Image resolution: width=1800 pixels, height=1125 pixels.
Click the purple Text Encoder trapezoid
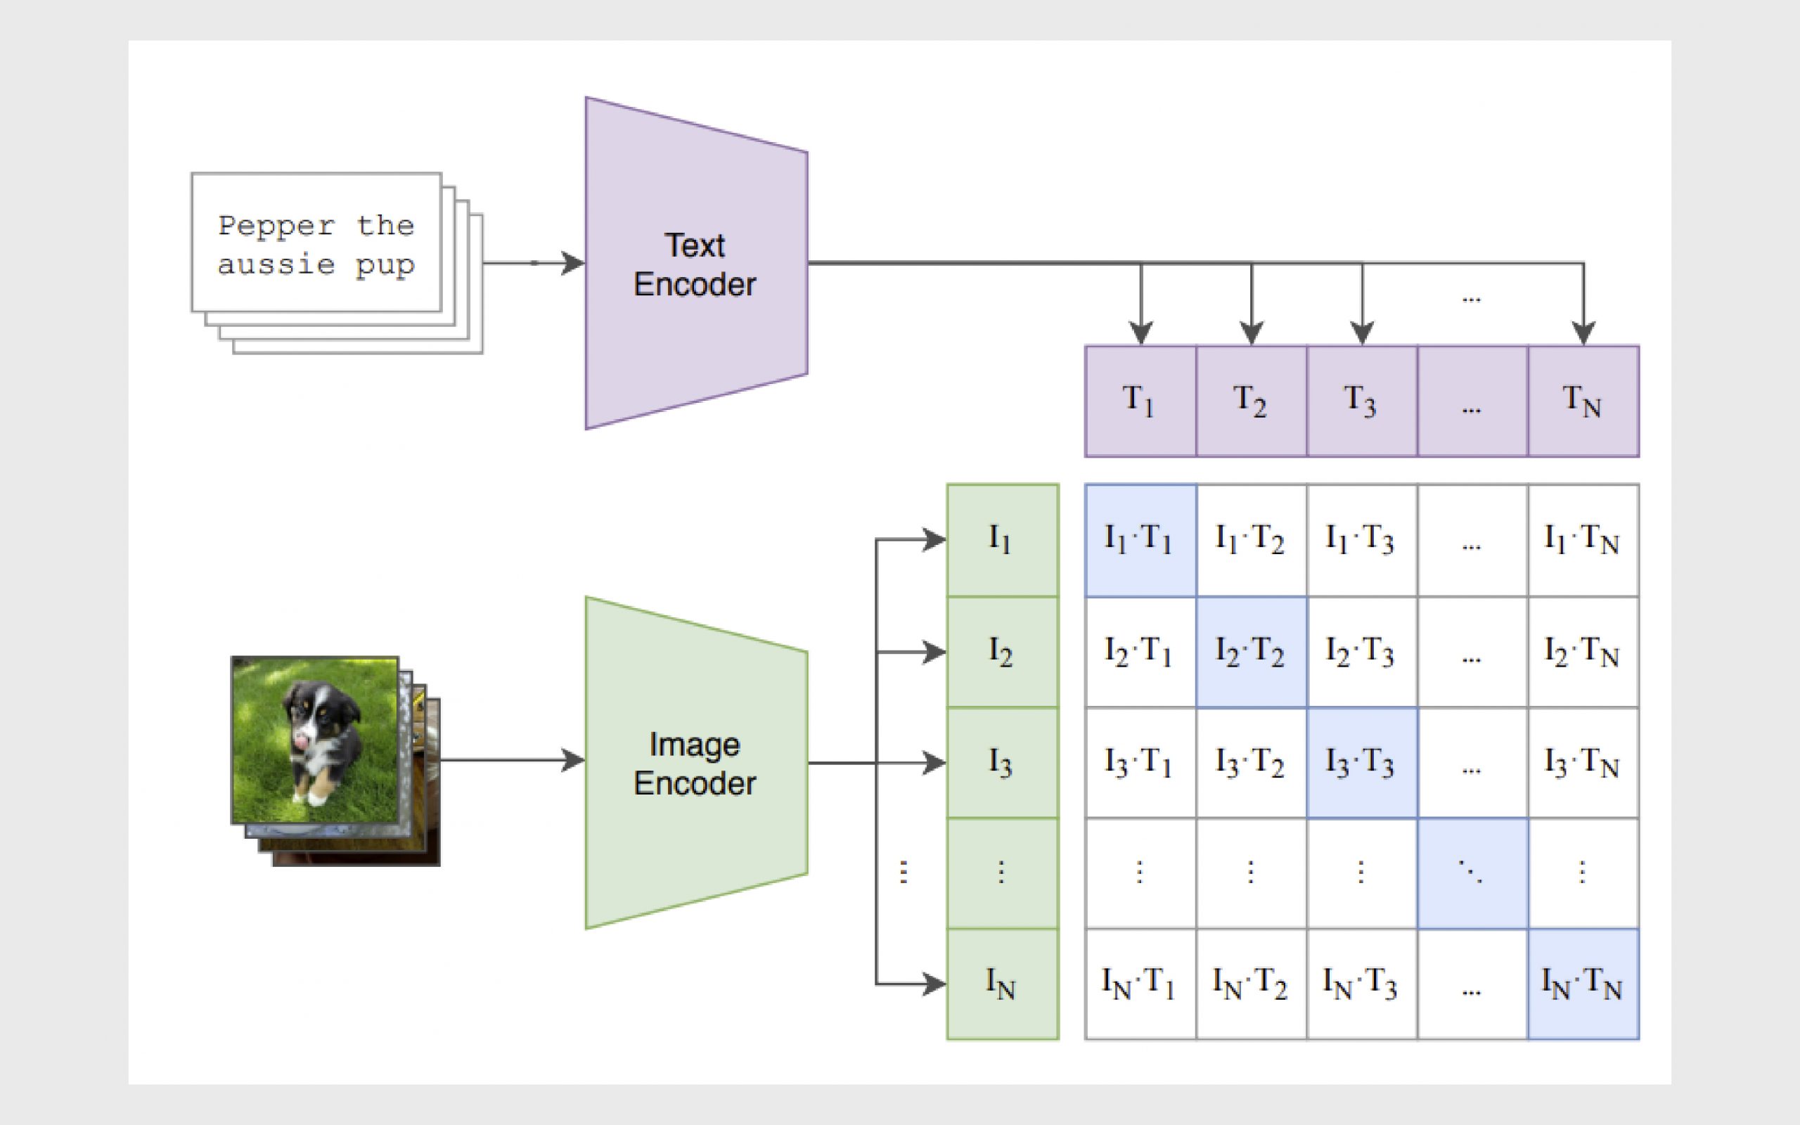[696, 264]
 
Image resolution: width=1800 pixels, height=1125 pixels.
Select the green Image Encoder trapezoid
[696, 763]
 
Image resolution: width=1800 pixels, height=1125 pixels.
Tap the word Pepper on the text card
[277, 226]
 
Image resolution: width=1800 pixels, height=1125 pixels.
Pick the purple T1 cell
[1140, 401]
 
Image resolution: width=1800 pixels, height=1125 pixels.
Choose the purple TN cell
[1583, 401]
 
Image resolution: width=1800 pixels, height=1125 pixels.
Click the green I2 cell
[1002, 652]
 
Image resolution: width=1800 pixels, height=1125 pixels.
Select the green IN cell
[1002, 984]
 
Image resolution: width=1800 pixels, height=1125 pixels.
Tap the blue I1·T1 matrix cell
[1140, 540]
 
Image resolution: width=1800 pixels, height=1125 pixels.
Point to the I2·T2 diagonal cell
[1251, 652]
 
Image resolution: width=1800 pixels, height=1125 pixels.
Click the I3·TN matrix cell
[1583, 763]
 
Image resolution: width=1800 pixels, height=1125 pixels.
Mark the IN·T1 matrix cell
[1140, 984]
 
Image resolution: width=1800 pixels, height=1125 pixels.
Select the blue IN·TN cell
[1583, 984]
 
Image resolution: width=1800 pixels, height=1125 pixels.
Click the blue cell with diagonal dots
[1473, 873]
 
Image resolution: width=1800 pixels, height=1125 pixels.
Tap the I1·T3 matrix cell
[1362, 540]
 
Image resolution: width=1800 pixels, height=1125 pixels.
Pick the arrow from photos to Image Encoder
[513, 759]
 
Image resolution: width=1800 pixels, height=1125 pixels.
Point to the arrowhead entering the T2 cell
[1252, 333]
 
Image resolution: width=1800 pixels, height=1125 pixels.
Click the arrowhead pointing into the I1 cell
[934, 539]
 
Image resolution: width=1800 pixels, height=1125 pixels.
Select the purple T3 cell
[1362, 401]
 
